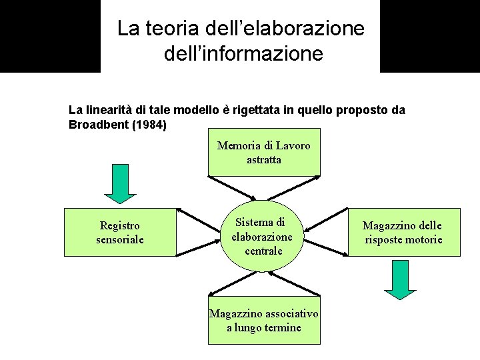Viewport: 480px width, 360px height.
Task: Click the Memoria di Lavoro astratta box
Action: (x=264, y=153)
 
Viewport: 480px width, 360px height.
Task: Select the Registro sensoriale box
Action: (x=120, y=232)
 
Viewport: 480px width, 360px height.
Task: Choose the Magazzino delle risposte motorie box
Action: (x=404, y=233)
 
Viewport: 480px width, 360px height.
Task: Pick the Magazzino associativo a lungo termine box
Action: (x=264, y=321)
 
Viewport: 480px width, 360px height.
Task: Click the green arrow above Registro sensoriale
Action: (x=120, y=184)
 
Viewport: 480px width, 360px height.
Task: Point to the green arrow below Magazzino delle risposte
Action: (x=400, y=279)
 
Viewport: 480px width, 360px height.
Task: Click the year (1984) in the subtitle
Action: (x=148, y=124)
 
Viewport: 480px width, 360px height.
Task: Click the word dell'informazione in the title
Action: (x=243, y=53)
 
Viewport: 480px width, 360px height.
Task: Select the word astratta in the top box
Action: (x=264, y=160)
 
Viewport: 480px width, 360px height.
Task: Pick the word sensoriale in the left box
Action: (x=120, y=239)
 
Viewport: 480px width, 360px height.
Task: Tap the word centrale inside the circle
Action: (x=263, y=251)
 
